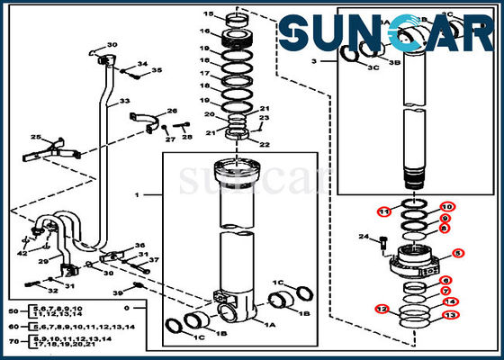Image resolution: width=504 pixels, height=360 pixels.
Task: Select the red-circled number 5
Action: click(x=457, y=255)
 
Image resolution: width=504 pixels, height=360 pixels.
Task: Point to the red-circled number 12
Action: click(x=382, y=310)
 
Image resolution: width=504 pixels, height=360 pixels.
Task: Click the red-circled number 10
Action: click(x=446, y=207)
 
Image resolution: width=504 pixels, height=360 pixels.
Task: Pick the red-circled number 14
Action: click(x=450, y=302)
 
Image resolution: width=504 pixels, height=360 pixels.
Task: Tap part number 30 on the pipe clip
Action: click(x=112, y=45)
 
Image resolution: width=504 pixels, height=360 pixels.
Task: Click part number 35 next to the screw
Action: click(x=157, y=69)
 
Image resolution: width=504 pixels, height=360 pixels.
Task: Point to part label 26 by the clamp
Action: click(x=172, y=112)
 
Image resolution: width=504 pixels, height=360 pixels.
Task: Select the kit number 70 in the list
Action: click(x=12, y=342)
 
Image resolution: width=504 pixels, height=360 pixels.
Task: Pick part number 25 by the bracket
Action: click(x=36, y=137)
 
